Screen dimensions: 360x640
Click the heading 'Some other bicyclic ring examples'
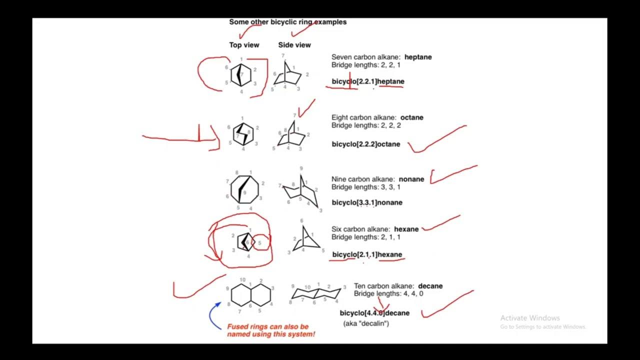pyautogui.click(x=287, y=22)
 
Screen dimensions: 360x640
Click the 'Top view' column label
pyautogui.click(x=244, y=45)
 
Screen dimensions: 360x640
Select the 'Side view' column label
pyautogui.click(x=294, y=45)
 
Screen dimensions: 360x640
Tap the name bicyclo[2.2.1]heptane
pyautogui.click(x=368, y=81)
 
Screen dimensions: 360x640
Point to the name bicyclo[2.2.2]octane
pyautogui.click(x=366, y=144)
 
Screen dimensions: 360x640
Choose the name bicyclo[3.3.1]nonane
pyautogui.click(x=367, y=202)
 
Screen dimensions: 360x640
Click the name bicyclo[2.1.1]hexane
pyautogui.click(x=367, y=254)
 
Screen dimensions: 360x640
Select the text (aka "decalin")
pyautogui.click(x=366, y=323)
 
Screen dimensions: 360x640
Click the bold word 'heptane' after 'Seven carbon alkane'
pyautogui.click(x=418, y=57)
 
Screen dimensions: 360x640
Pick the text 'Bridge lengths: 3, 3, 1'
pyautogui.click(x=365, y=187)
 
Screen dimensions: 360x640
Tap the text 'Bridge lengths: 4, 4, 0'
pyautogui.click(x=388, y=293)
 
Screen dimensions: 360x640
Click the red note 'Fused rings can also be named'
pyautogui.click(x=271, y=330)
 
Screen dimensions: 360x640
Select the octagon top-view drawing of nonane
pyautogui.click(x=245, y=189)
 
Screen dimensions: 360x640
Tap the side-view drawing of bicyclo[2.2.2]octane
pyautogui.click(x=291, y=134)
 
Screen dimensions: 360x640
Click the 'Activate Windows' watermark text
pyautogui.click(x=530, y=318)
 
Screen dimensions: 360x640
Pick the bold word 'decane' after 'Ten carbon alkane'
pyautogui.click(x=430, y=286)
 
